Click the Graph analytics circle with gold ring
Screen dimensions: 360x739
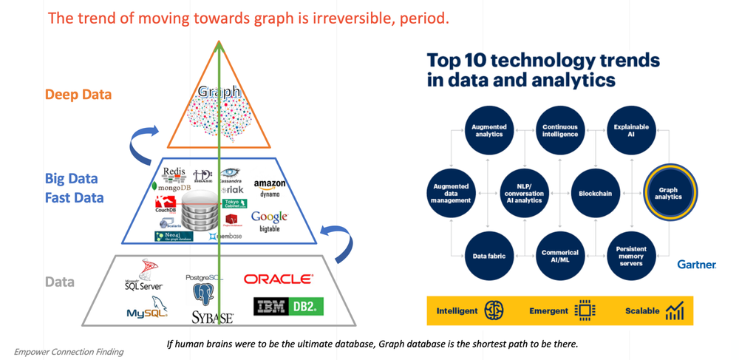point(668,193)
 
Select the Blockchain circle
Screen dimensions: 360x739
point(595,194)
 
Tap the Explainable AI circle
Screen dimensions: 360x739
point(630,131)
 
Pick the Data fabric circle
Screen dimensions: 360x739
point(488,256)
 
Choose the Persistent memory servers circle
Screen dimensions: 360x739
point(630,256)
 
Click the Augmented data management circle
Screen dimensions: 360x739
point(451,194)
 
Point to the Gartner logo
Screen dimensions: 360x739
point(696,264)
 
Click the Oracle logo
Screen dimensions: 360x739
point(278,279)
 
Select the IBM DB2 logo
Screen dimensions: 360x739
point(288,306)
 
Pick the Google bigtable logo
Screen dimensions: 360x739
point(269,220)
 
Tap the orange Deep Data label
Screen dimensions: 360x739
point(78,95)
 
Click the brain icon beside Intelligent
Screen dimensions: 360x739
point(494,310)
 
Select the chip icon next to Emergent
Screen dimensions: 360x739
point(585,310)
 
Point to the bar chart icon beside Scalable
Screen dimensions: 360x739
point(674,310)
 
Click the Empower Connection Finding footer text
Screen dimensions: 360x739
point(69,352)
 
